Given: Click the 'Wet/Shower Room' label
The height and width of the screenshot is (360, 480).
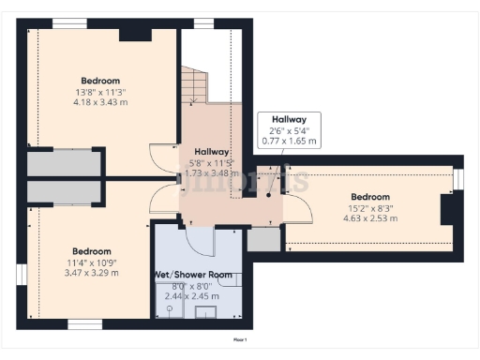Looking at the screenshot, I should pyautogui.click(x=192, y=275).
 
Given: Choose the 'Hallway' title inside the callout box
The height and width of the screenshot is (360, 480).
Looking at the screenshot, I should pyautogui.click(x=289, y=120).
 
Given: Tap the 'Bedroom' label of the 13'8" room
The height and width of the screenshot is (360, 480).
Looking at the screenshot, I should pyautogui.click(x=100, y=80).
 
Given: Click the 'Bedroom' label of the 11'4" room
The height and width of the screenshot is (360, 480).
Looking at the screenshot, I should pyautogui.click(x=92, y=251).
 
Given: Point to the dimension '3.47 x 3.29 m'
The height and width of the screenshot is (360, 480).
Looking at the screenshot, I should pyautogui.click(x=92, y=273).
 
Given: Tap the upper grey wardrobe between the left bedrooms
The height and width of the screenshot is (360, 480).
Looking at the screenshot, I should pyautogui.click(x=64, y=164).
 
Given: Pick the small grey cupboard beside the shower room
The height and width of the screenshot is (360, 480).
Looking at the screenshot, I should pyautogui.click(x=262, y=239).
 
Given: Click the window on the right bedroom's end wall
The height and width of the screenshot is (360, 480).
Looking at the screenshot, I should pyautogui.click(x=458, y=179).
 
